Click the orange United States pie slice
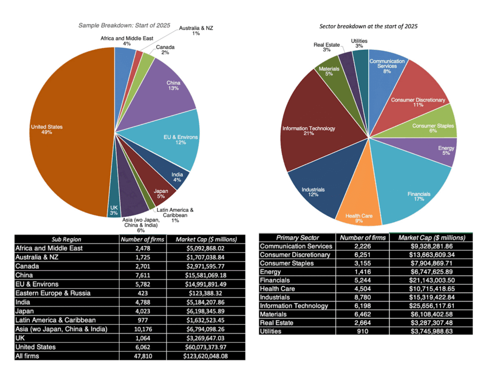71,132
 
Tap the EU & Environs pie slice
174,138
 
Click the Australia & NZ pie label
196,31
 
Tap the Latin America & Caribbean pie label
175,215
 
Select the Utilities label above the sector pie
359,43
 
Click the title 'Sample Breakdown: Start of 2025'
125,25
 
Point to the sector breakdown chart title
368,27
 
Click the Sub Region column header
66,239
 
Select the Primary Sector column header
298,238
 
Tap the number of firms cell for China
143,275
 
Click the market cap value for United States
206,347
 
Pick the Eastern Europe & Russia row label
53,293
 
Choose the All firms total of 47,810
143,356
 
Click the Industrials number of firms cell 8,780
363,297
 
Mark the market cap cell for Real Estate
431,323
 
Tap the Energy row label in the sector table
271,272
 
